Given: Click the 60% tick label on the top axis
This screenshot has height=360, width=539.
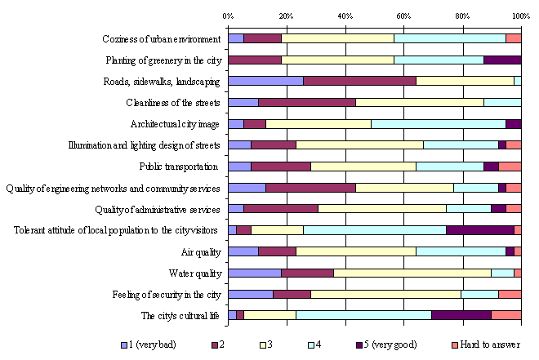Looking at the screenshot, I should click(404, 16).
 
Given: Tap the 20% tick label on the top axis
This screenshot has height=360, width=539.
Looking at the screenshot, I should click(287, 16).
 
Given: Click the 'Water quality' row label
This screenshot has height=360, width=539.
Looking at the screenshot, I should click(194, 273).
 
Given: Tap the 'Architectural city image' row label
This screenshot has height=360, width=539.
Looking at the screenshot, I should click(175, 124).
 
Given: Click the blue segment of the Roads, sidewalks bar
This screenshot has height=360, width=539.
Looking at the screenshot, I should click(265, 81).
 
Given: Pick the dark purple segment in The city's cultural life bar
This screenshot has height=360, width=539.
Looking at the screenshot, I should click(461, 315).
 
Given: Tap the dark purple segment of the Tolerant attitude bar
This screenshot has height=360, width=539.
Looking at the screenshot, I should click(480, 230).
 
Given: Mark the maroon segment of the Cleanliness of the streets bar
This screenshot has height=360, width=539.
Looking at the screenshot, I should click(307, 102).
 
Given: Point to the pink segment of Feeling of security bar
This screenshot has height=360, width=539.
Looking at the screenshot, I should click(510, 294).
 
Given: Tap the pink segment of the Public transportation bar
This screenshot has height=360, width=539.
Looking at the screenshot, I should click(510, 167).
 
